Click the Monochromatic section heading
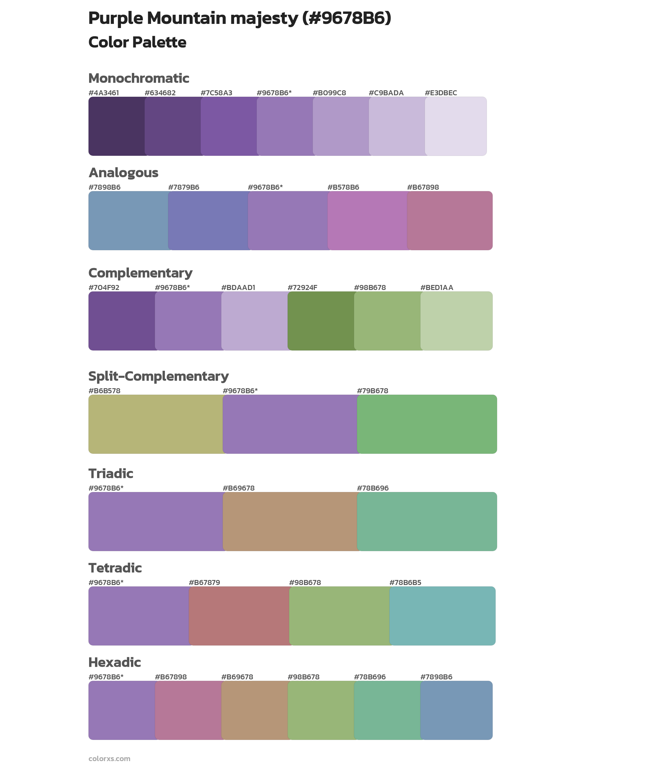139,78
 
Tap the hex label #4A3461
104,93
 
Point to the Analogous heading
123,173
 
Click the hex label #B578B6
343,187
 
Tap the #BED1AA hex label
436,287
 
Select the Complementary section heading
140,273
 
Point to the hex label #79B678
372,391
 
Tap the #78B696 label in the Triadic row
372,488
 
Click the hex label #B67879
204,582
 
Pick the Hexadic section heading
114,662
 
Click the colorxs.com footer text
109,758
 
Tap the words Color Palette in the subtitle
137,42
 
